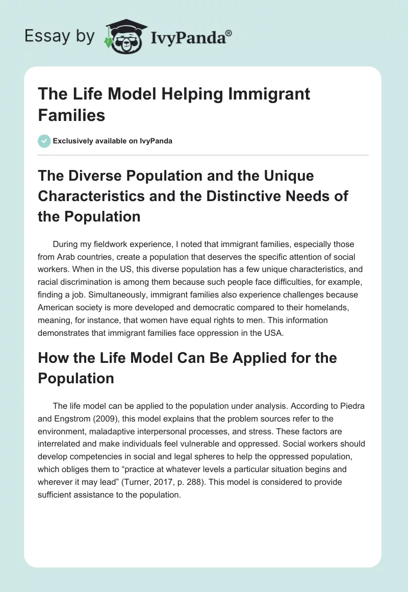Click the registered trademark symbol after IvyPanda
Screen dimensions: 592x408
[229, 33]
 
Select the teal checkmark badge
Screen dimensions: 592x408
[44, 141]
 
